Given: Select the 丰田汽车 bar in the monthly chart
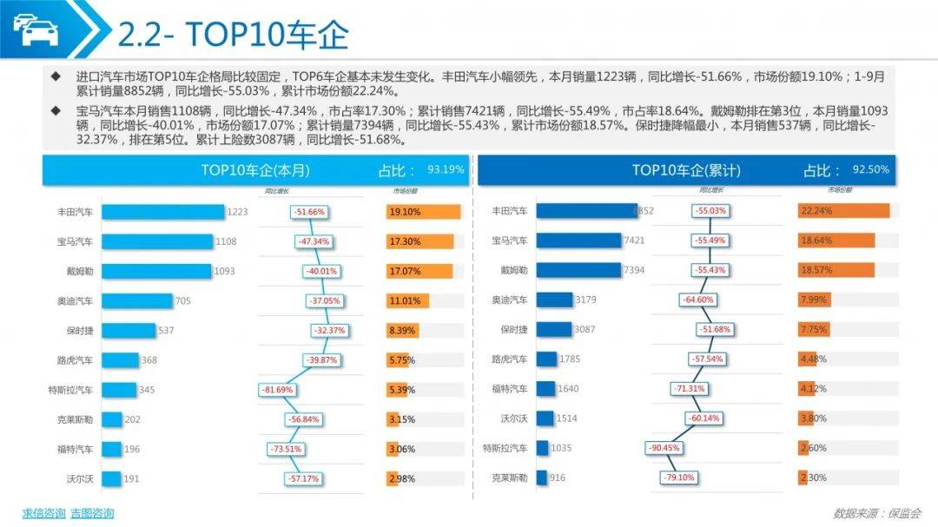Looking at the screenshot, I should (163, 212).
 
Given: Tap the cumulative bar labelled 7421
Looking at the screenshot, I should (579, 240).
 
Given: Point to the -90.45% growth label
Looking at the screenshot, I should (664, 448).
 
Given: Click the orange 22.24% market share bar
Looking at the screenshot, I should (843, 211).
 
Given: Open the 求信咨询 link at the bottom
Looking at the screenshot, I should (43, 513).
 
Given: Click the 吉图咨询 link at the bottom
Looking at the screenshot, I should (92, 513).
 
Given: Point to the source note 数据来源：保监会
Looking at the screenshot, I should (876, 512).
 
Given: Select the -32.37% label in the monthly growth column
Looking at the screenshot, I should (330, 331).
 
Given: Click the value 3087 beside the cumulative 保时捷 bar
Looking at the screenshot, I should (585, 329).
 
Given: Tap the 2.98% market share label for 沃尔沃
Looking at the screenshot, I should (402, 478).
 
